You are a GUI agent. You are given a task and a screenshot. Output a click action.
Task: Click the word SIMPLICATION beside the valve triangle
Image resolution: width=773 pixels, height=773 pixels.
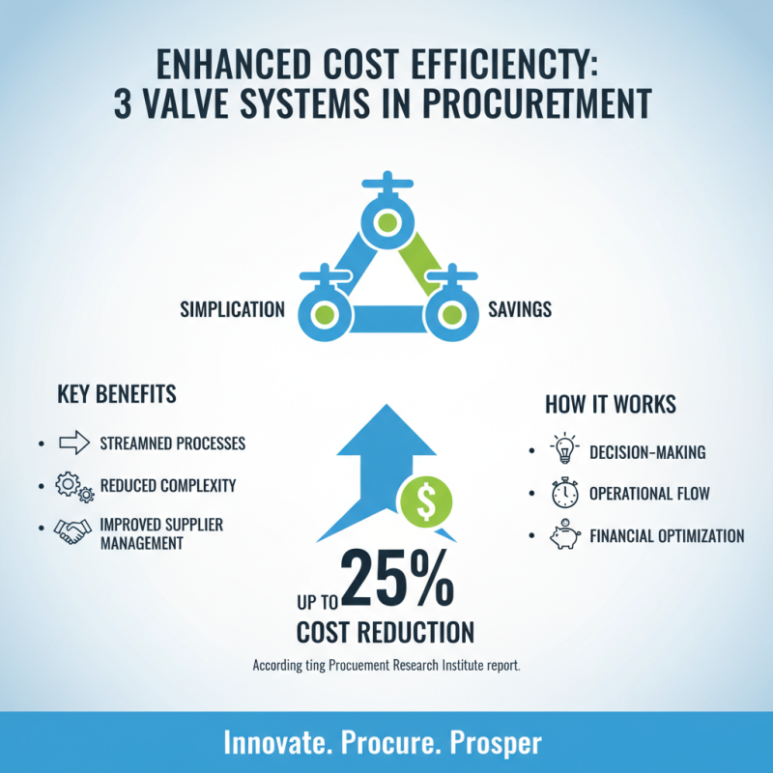[232, 310]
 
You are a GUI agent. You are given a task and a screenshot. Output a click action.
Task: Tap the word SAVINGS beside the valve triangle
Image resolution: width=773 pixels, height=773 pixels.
[521, 310]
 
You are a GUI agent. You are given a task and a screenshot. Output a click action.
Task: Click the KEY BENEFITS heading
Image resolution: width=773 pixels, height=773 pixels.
[117, 395]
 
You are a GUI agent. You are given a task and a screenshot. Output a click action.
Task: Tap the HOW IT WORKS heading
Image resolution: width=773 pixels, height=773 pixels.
[610, 404]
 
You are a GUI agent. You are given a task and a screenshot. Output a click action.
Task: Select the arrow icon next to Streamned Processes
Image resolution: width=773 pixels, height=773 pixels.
[74, 444]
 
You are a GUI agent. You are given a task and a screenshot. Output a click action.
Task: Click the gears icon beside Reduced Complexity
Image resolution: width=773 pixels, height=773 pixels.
[74, 486]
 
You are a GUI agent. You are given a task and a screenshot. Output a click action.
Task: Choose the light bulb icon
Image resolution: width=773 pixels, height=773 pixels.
[563, 450]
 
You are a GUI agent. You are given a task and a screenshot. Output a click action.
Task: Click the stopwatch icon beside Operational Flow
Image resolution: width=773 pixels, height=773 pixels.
[563, 493]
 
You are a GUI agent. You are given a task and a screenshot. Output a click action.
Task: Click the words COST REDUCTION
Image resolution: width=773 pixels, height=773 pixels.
[386, 633]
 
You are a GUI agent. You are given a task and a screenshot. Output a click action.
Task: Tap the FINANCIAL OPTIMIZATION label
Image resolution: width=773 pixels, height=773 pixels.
[667, 536]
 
